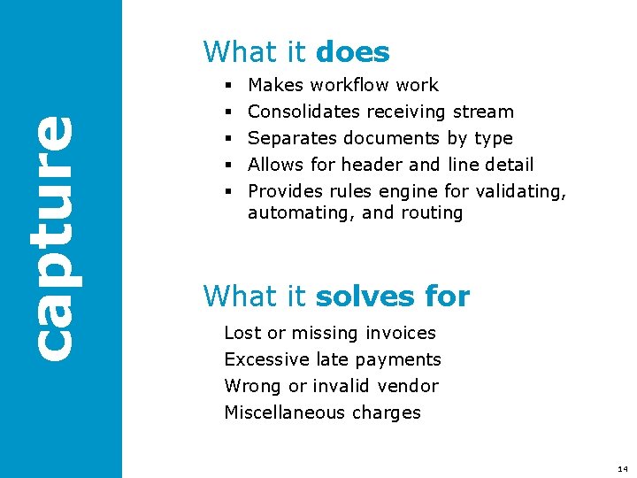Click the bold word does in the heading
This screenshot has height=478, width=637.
tap(352, 52)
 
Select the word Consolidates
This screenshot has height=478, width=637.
tap(303, 112)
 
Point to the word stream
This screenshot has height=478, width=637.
tap(483, 112)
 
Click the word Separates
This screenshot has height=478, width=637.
tap(293, 138)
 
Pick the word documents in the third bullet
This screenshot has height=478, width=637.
tap(391, 138)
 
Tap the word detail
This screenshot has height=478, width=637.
tap(508, 165)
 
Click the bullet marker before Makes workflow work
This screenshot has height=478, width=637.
tap(228, 86)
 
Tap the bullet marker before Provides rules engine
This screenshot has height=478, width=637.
tap(228, 192)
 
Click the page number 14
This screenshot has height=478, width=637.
tap(622, 468)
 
